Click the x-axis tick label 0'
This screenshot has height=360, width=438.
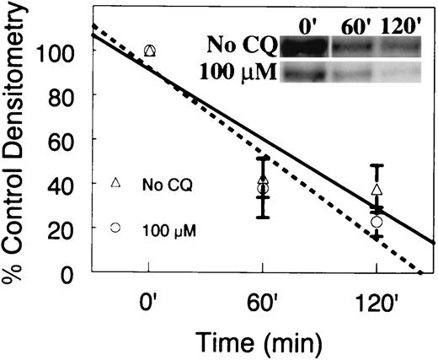coord(149,300)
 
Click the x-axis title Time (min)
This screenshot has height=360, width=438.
coord(263,341)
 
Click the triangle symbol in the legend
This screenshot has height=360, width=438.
coord(116,183)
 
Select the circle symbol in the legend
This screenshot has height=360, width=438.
coord(116,227)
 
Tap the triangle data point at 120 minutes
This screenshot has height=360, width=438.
coord(377,190)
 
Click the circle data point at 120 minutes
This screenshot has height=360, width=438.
coord(377,222)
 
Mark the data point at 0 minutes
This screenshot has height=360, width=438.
coord(150,51)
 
